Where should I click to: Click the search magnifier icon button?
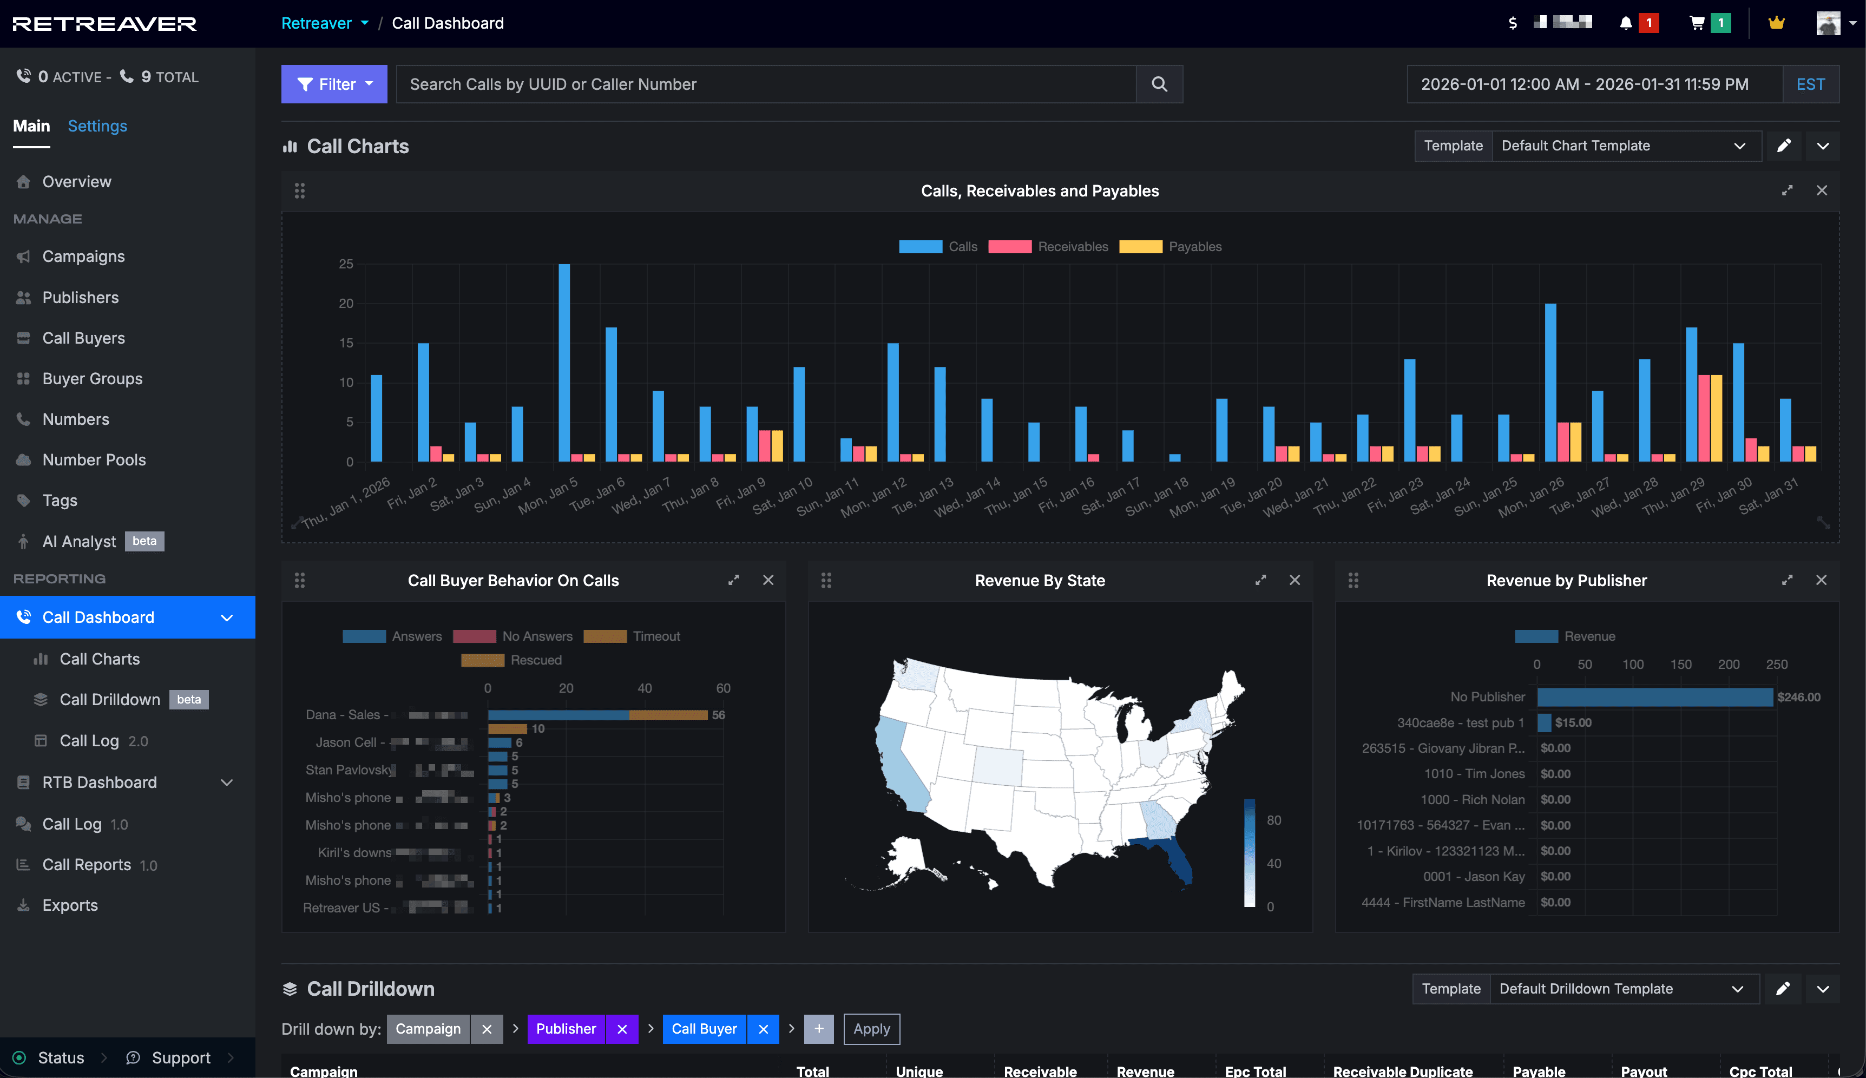point(1159,84)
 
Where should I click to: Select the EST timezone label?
point(1810,84)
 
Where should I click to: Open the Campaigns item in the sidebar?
point(83,256)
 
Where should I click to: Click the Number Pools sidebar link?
point(94,460)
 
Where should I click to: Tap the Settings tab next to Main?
point(97,126)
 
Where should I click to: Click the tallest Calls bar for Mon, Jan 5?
point(564,363)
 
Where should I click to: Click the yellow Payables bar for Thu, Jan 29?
point(1716,418)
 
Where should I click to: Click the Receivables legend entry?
point(1048,247)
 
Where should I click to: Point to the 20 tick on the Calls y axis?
point(346,304)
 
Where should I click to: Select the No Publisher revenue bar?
point(1654,696)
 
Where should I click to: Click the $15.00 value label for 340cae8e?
point(1573,722)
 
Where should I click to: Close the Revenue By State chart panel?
point(1295,581)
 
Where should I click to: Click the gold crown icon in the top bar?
point(1776,23)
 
